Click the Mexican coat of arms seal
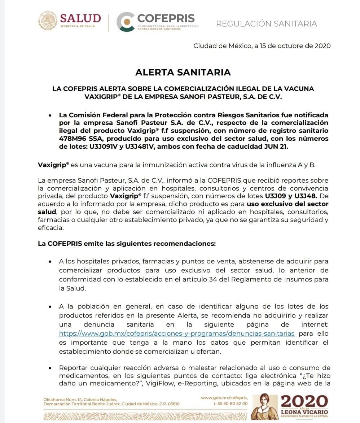48,21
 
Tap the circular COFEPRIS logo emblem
125,22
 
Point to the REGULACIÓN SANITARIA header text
266,24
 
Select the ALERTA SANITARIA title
183,72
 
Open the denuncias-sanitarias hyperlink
177,333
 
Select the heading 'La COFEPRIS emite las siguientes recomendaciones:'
127,244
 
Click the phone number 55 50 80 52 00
233,404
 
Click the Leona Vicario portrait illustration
264,407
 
